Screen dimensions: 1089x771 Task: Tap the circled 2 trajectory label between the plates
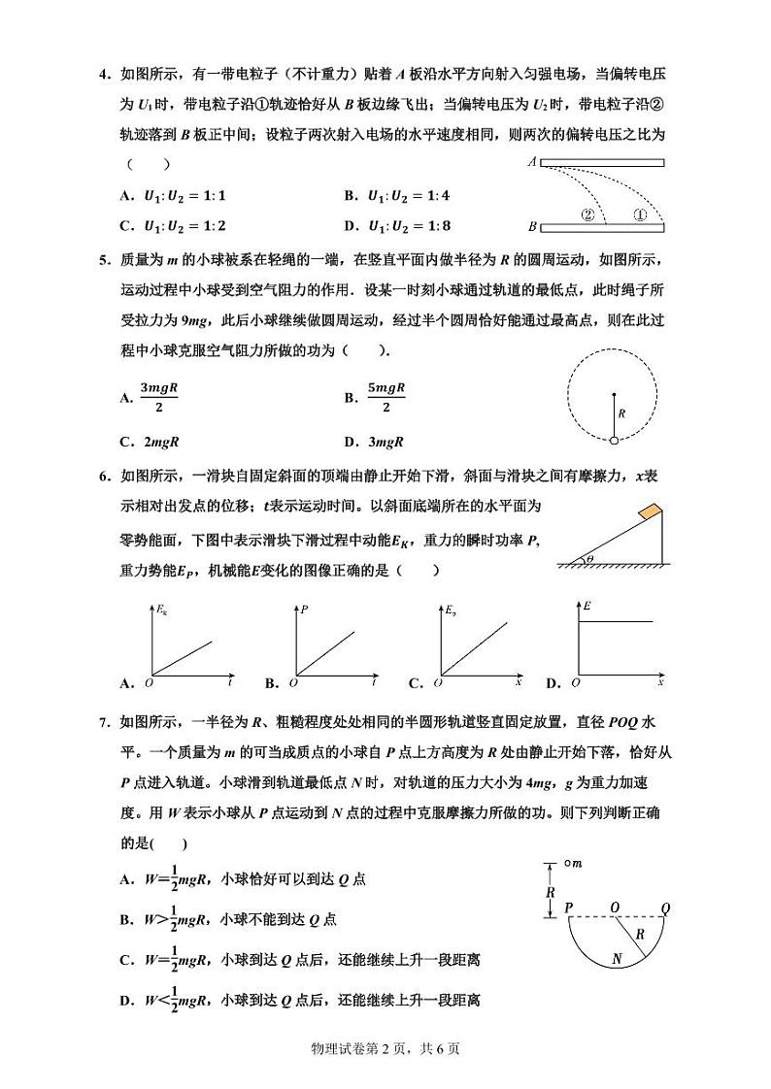(587, 215)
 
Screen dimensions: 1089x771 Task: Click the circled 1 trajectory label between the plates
(640, 215)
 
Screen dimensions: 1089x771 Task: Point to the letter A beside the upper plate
(532, 163)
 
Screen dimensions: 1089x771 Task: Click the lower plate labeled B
(602, 227)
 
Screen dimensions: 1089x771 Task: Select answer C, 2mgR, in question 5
(150, 442)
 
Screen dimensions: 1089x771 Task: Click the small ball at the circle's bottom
(614, 441)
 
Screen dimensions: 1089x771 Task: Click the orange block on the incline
(648, 511)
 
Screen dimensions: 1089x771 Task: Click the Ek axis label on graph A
(162, 610)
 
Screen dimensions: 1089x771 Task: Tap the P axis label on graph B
(305, 610)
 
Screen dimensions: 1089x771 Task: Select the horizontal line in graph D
(621, 621)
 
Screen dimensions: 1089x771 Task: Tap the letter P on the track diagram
(568, 907)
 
